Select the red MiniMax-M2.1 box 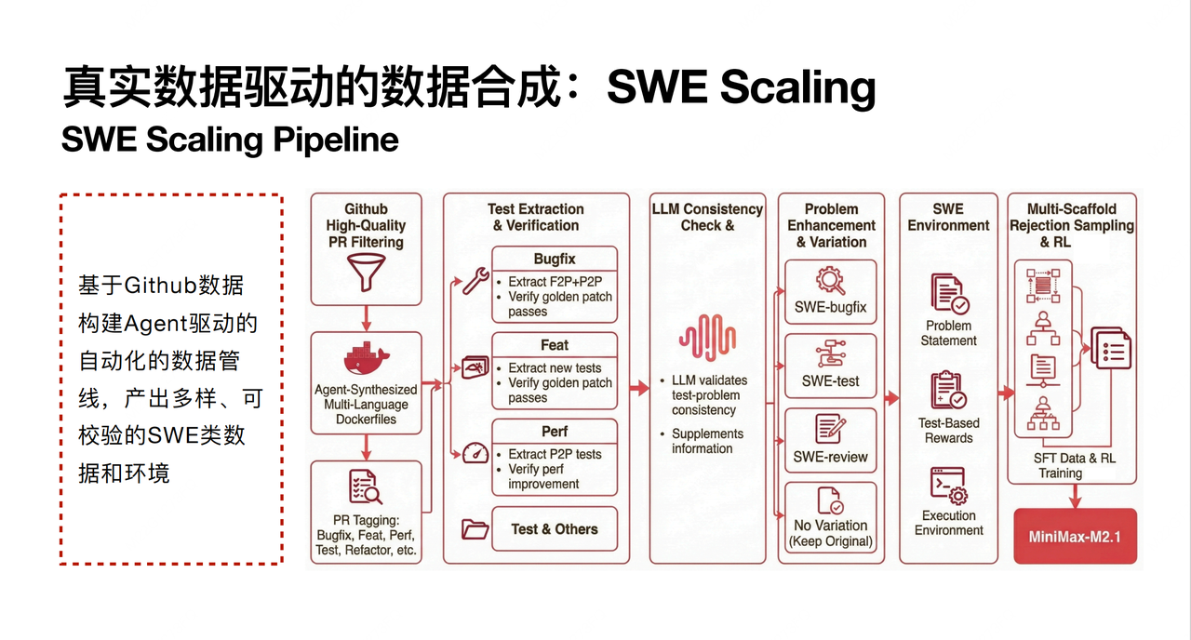tap(1075, 537)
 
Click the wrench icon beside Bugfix tap(475, 280)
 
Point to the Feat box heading tap(555, 345)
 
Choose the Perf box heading tap(555, 432)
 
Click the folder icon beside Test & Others tap(475, 529)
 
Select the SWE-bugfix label tap(830, 306)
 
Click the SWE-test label tap(830, 380)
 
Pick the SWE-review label tap(830, 457)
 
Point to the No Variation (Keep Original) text tap(830, 533)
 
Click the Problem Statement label tap(949, 333)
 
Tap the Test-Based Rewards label tap(949, 430)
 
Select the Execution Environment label tap(949, 523)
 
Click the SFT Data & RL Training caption tap(1075, 465)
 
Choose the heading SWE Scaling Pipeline tap(230, 140)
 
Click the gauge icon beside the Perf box tap(475, 452)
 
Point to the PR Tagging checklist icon tap(365, 487)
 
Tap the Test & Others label tap(555, 529)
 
